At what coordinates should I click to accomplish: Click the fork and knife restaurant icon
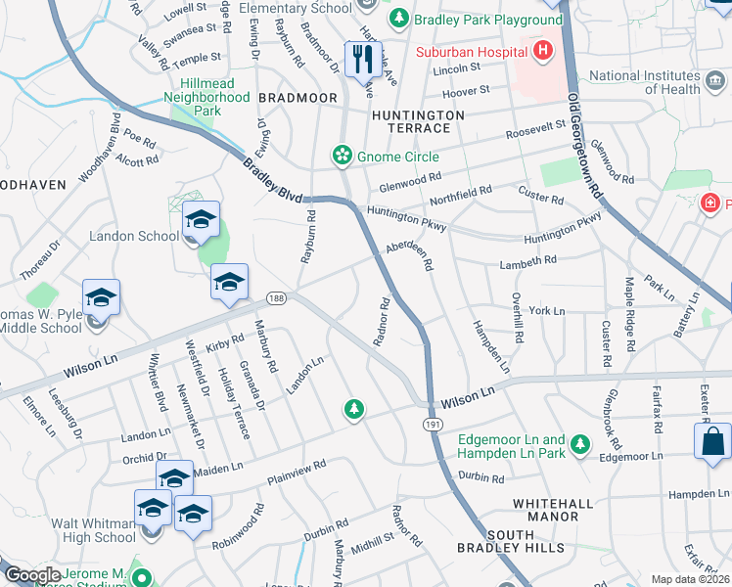362,59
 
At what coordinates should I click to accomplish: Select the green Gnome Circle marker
342,154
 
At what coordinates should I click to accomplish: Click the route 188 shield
277,296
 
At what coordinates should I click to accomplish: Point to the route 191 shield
433,423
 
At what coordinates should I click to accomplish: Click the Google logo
32,575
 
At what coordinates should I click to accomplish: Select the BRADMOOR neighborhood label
297,99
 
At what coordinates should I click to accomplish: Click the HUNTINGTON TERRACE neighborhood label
418,122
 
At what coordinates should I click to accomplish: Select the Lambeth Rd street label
527,260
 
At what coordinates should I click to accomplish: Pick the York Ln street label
546,310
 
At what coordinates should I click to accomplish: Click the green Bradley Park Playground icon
399,20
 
